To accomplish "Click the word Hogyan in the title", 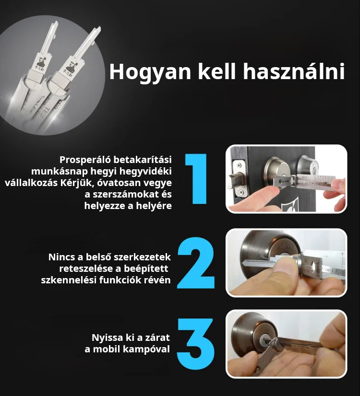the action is [x=150, y=72].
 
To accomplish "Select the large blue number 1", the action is [x=197, y=178].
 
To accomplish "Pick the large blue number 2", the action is [x=196, y=263].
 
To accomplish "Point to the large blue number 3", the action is [x=196, y=344].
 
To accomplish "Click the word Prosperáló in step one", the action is [x=85, y=160].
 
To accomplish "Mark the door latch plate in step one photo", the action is [x=239, y=178].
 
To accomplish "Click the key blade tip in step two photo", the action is [x=244, y=263].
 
